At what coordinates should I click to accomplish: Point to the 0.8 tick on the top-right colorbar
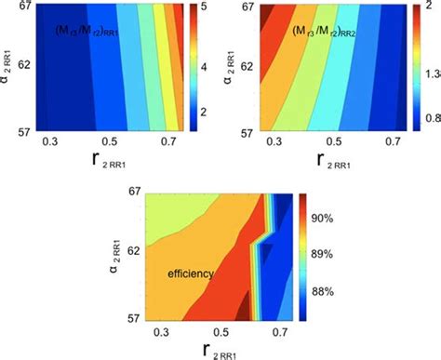(431, 119)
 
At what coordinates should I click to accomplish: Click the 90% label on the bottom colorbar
(332, 220)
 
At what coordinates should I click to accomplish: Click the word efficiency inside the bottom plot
(191, 274)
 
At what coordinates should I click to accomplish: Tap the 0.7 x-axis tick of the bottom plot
(277, 331)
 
